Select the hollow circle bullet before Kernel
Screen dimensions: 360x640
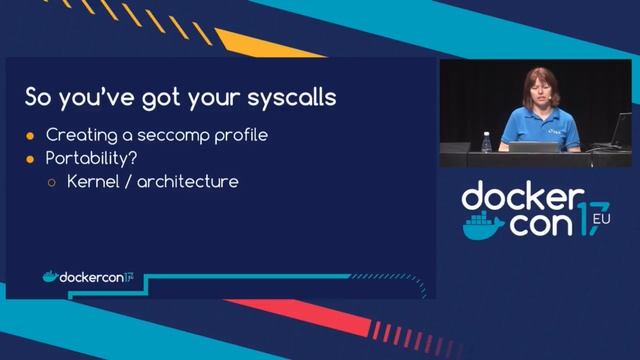click(53, 183)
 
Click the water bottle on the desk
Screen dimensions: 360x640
click(486, 141)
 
